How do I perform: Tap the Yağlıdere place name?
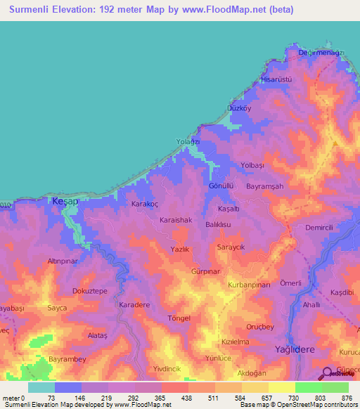coord(296,349)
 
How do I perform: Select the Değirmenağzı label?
coord(320,53)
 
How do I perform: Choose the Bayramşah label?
coord(264,186)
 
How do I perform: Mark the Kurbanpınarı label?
coord(249,285)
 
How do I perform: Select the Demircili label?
coord(323,228)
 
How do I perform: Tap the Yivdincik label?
coord(167,369)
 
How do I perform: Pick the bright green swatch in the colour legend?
coord(308,387)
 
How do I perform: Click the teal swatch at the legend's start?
coord(41,387)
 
